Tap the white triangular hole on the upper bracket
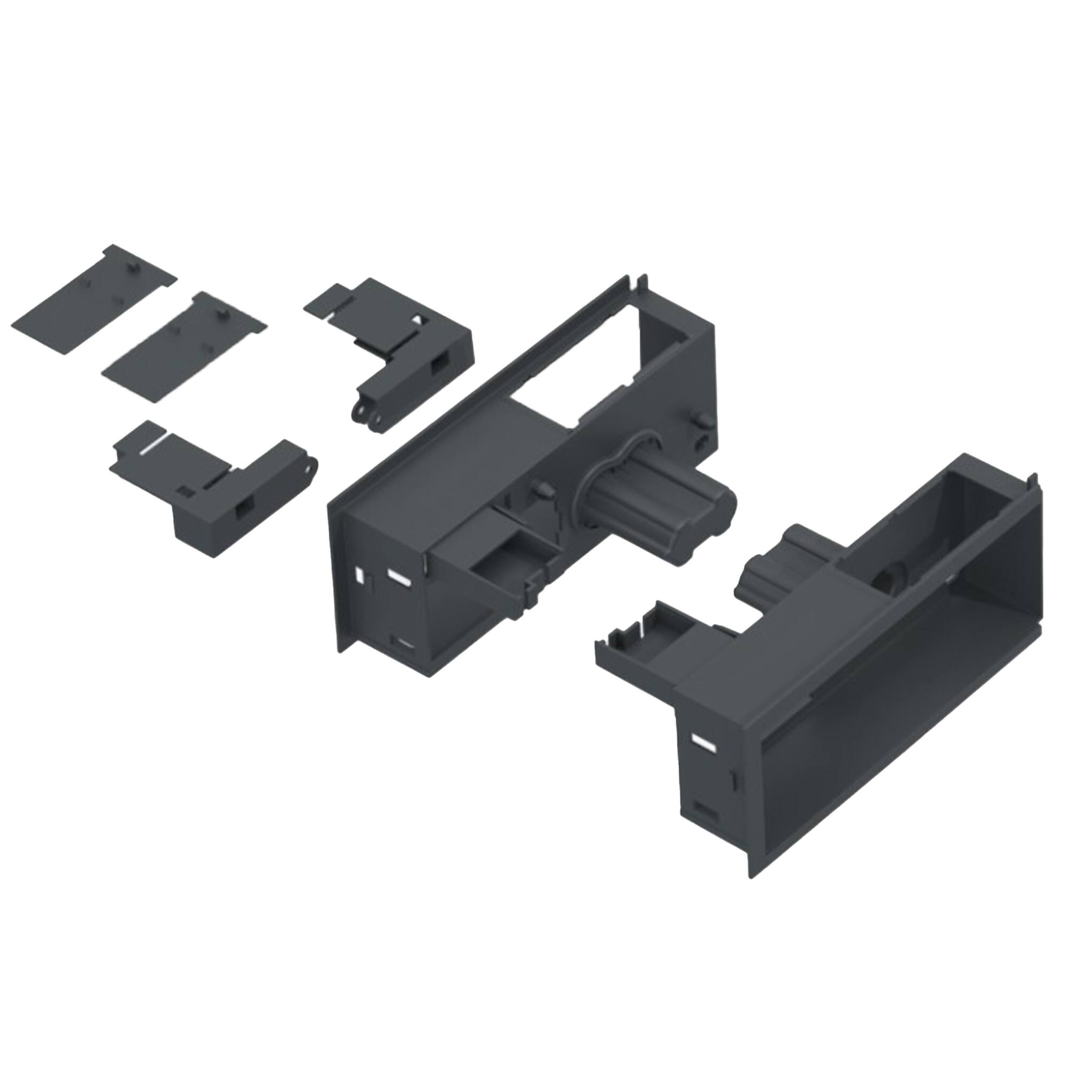pos(422,320)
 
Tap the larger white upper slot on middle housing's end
pos(398,577)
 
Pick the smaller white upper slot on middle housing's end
pos(361,576)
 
